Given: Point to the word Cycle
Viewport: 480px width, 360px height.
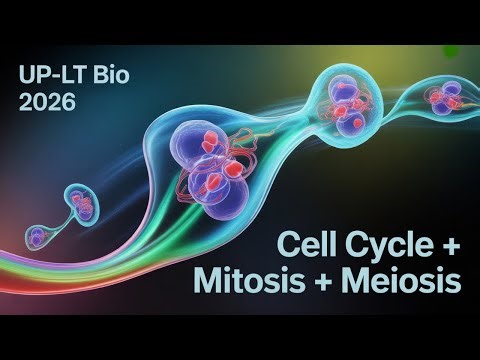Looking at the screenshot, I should click(x=382, y=245).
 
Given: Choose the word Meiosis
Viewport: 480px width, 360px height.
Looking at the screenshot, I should click(x=408, y=282).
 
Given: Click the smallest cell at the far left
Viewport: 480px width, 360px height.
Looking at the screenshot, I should click(x=38, y=236).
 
